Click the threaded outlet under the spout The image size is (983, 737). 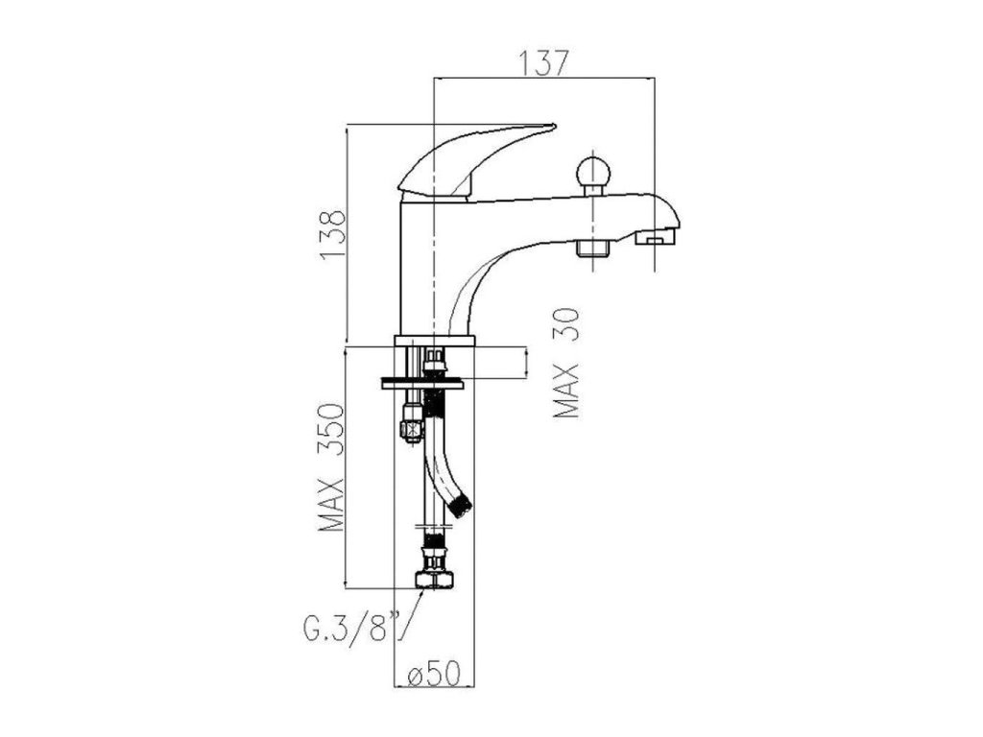(x=594, y=250)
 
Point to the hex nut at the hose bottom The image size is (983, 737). (x=435, y=579)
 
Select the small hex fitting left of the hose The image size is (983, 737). (x=411, y=423)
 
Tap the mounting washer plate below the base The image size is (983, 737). (x=423, y=382)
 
